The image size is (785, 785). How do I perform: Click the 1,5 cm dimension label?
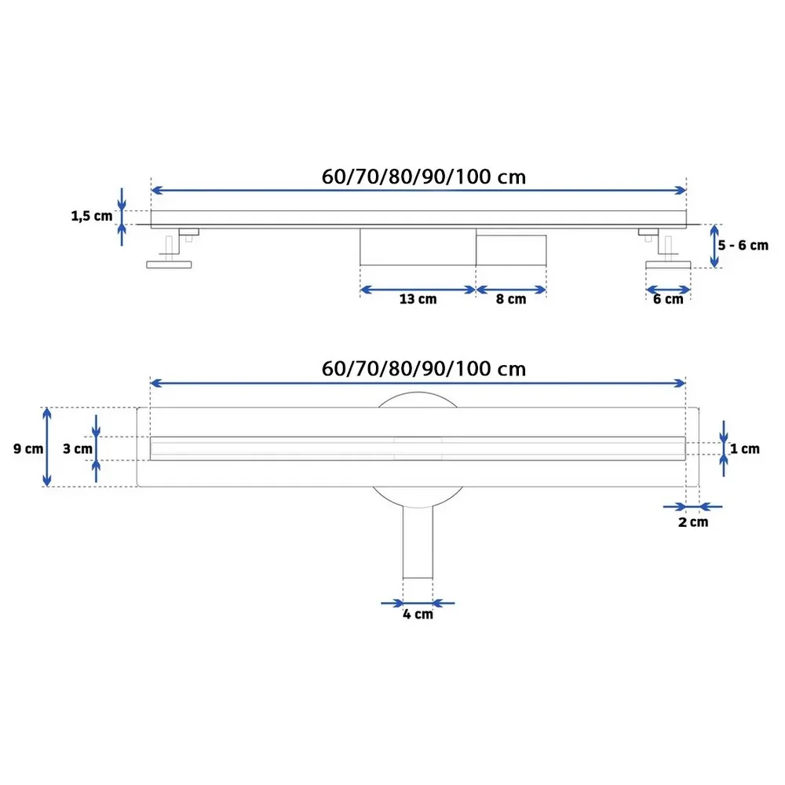pos(92,217)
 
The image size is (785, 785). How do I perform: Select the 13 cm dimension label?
pos(418,299)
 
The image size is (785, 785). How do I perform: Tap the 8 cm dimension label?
pos(511,299)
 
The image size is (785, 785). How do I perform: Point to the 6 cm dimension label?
pos(668,299)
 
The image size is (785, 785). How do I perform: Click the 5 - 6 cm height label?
pos(743,245)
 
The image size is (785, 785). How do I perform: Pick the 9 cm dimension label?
pos(28,448)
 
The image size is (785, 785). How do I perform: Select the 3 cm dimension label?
pos(78,448)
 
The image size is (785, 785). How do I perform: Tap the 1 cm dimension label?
pos(745,448)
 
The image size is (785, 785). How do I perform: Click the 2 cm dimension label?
pos(693,522)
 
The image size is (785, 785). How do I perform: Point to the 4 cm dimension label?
pos(418,615)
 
